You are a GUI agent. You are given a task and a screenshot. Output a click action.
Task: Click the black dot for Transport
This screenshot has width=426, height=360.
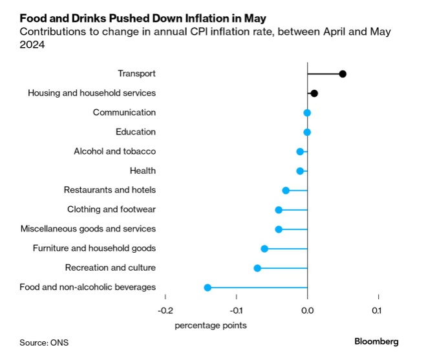coord(343,74)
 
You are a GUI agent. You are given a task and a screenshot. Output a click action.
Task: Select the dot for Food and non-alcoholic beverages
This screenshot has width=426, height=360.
coord(208,288)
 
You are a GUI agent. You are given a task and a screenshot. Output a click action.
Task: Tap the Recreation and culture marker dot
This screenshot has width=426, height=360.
coord(257,268)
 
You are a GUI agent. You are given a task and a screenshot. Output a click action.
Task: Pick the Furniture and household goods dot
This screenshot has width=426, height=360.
coord(264,249)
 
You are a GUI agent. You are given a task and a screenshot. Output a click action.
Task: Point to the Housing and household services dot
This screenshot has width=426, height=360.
coord(314,93)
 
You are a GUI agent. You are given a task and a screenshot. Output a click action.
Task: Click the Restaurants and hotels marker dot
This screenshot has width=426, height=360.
coord(286,191)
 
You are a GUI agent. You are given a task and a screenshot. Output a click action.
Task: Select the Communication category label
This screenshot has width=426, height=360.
coord(124,112)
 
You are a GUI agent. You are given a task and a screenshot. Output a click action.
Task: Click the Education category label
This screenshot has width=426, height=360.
coord(136,132)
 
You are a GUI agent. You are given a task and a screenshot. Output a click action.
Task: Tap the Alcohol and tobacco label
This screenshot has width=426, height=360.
coord(115,151)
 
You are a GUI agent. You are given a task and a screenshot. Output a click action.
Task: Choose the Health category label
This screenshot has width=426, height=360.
coord(143,171)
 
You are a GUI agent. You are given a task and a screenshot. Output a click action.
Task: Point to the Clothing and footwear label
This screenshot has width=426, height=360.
coord(111,209)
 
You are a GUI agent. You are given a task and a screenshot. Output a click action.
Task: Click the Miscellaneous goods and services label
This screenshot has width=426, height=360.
coord(88,229)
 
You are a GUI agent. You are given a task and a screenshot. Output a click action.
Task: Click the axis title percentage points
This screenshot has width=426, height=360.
coord(211,325)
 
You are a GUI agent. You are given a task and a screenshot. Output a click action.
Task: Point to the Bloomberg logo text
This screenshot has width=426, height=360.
coord(376,341)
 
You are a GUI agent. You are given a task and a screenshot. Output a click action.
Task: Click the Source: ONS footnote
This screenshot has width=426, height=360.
coord(45,342)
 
